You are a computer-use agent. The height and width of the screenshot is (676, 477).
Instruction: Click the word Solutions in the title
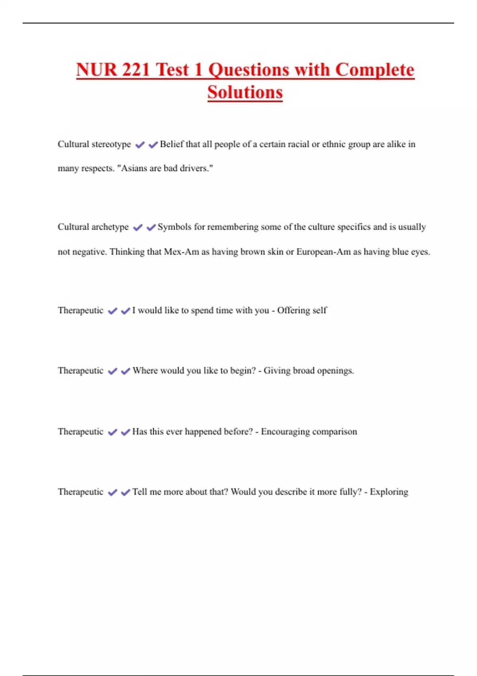click(245, 92)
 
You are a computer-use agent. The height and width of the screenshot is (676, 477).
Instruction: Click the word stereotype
click(111, 144)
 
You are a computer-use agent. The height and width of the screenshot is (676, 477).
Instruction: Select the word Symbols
click(174, 227)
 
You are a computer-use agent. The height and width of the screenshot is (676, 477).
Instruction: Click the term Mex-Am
click(181, 252)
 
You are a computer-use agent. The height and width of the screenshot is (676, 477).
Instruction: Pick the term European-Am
click(323, 252)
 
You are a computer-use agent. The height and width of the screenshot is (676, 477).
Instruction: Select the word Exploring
click(389, 492)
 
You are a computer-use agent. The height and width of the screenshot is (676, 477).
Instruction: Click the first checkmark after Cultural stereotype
click(140, 145)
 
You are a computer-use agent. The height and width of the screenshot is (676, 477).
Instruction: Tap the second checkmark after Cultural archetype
click(151, 227)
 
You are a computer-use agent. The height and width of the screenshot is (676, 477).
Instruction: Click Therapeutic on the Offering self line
click(80, 310)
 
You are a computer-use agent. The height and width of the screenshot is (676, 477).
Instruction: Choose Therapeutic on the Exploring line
click(80, 492)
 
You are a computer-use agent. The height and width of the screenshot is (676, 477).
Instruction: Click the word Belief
click(171, 144)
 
